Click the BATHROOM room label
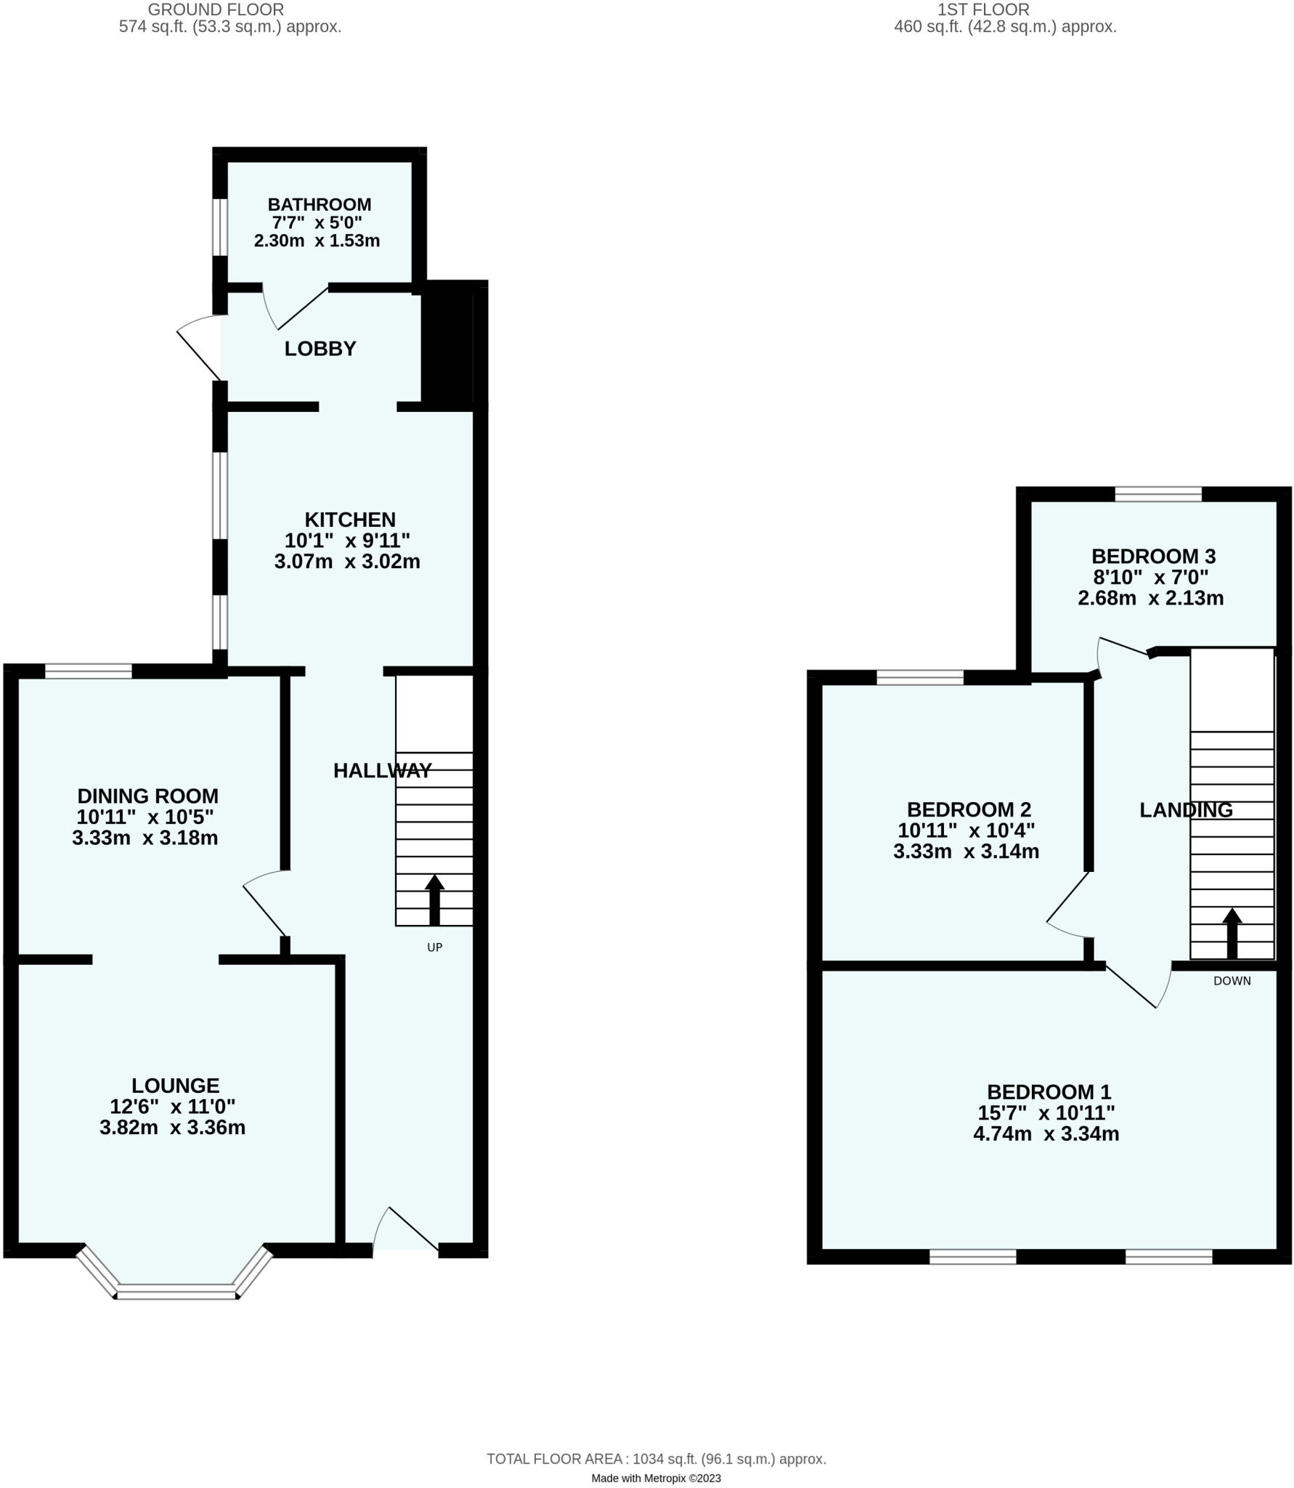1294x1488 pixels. pyautogui.click(x=319, y=205)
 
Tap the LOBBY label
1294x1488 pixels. pyautogui.click(x=320, y=349)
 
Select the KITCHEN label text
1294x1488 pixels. pyautogui.click(x=350, y=519)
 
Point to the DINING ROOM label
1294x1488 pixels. pyautogui.click(x=147, y=796)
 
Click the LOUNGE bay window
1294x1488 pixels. pyautogui.click(x=176, y=1291)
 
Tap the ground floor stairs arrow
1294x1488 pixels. pyautogui.click(x=434, y=900)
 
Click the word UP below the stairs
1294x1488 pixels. pyautogui.click(x=434, y=947)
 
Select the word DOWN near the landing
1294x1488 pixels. pyautogui.click(x=1232, y=981)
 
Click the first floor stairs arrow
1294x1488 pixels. pyautogui.click(x=1232, y=933)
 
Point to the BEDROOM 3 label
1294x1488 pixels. pyautogui.click(x=1153, y=557)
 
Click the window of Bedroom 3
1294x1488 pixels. pyautogui.click(x=1158, y=495)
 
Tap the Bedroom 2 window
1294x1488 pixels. pyautogui.click(x=919, y=678)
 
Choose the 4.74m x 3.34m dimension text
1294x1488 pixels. pyautogui.click(x=1046, y=1134)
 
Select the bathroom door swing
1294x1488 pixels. pyautogui.click(x=294, y=309)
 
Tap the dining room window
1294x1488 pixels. pyautogui.click(x=89, y=671)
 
